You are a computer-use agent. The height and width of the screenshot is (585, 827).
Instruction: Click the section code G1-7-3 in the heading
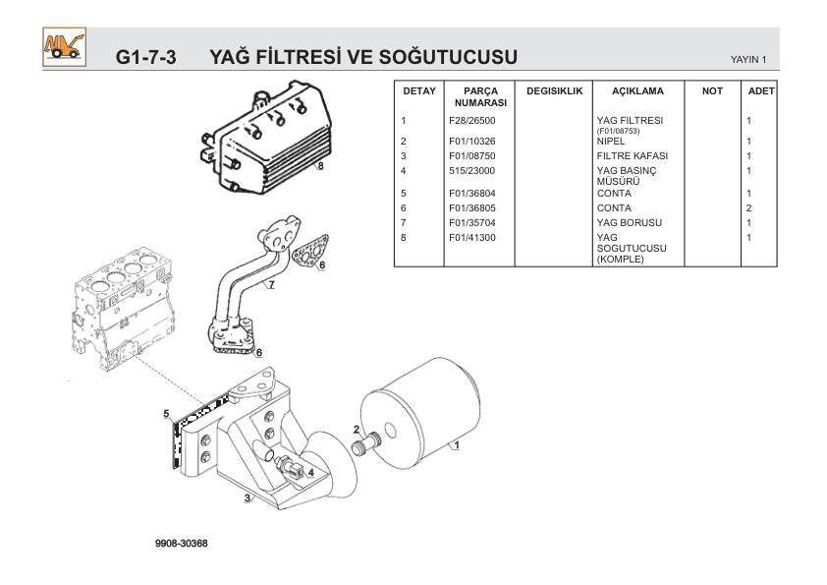145,56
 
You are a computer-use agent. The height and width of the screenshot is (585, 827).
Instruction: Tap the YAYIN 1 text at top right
748,60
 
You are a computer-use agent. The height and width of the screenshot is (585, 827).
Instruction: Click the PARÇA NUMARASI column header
480,96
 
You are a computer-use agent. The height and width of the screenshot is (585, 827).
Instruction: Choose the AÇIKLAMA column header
637,90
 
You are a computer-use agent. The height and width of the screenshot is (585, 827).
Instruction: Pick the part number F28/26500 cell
471,121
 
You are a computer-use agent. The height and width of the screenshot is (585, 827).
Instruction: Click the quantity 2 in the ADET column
748,208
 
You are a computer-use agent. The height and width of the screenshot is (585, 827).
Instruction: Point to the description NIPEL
611,142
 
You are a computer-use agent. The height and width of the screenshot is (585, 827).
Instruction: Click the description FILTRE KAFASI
632,156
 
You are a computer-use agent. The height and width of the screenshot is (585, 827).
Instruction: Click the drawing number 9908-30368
181,543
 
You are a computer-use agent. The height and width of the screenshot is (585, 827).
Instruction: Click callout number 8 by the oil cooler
320,166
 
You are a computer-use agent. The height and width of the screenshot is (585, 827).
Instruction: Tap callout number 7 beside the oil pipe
270,286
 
